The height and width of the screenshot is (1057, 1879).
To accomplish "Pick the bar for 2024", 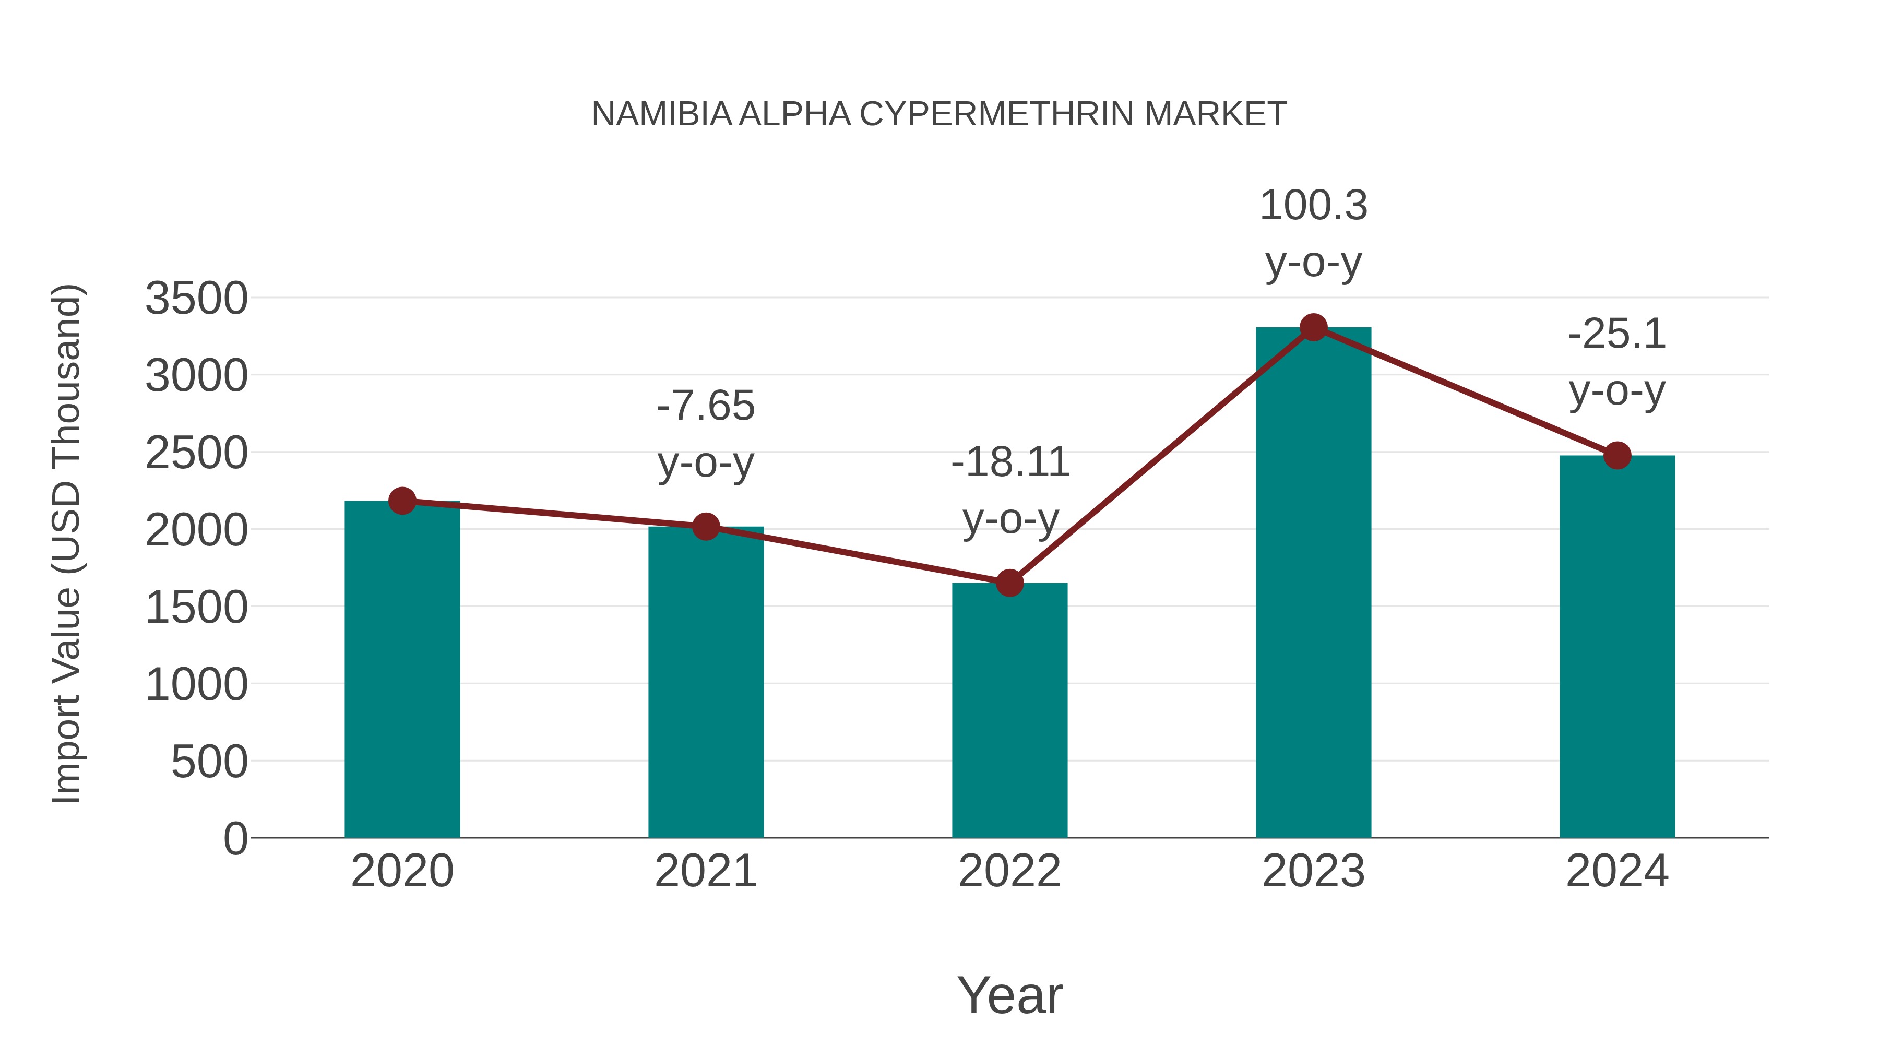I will (1617, 649).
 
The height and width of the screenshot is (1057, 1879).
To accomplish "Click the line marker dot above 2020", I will (402, 501).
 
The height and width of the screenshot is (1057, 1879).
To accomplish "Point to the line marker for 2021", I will (705, 526).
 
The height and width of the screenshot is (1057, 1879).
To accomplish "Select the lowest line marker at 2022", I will (1009, 583).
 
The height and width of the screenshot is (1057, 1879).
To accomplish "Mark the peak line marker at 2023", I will (1313, 327).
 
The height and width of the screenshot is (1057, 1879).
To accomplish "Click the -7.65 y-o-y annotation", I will (705, 434).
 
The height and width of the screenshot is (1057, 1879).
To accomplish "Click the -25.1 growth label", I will (1617, 363).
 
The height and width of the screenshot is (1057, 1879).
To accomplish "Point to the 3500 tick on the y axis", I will (196, 299).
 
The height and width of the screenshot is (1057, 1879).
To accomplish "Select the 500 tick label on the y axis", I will (209, 762).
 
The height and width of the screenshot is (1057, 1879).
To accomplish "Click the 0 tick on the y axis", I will (235, 839).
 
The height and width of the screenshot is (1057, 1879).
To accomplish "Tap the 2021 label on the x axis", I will (705, 871).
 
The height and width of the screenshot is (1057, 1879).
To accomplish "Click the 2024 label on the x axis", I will (1617, 871).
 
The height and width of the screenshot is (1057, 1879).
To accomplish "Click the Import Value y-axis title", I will (66, 543).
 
